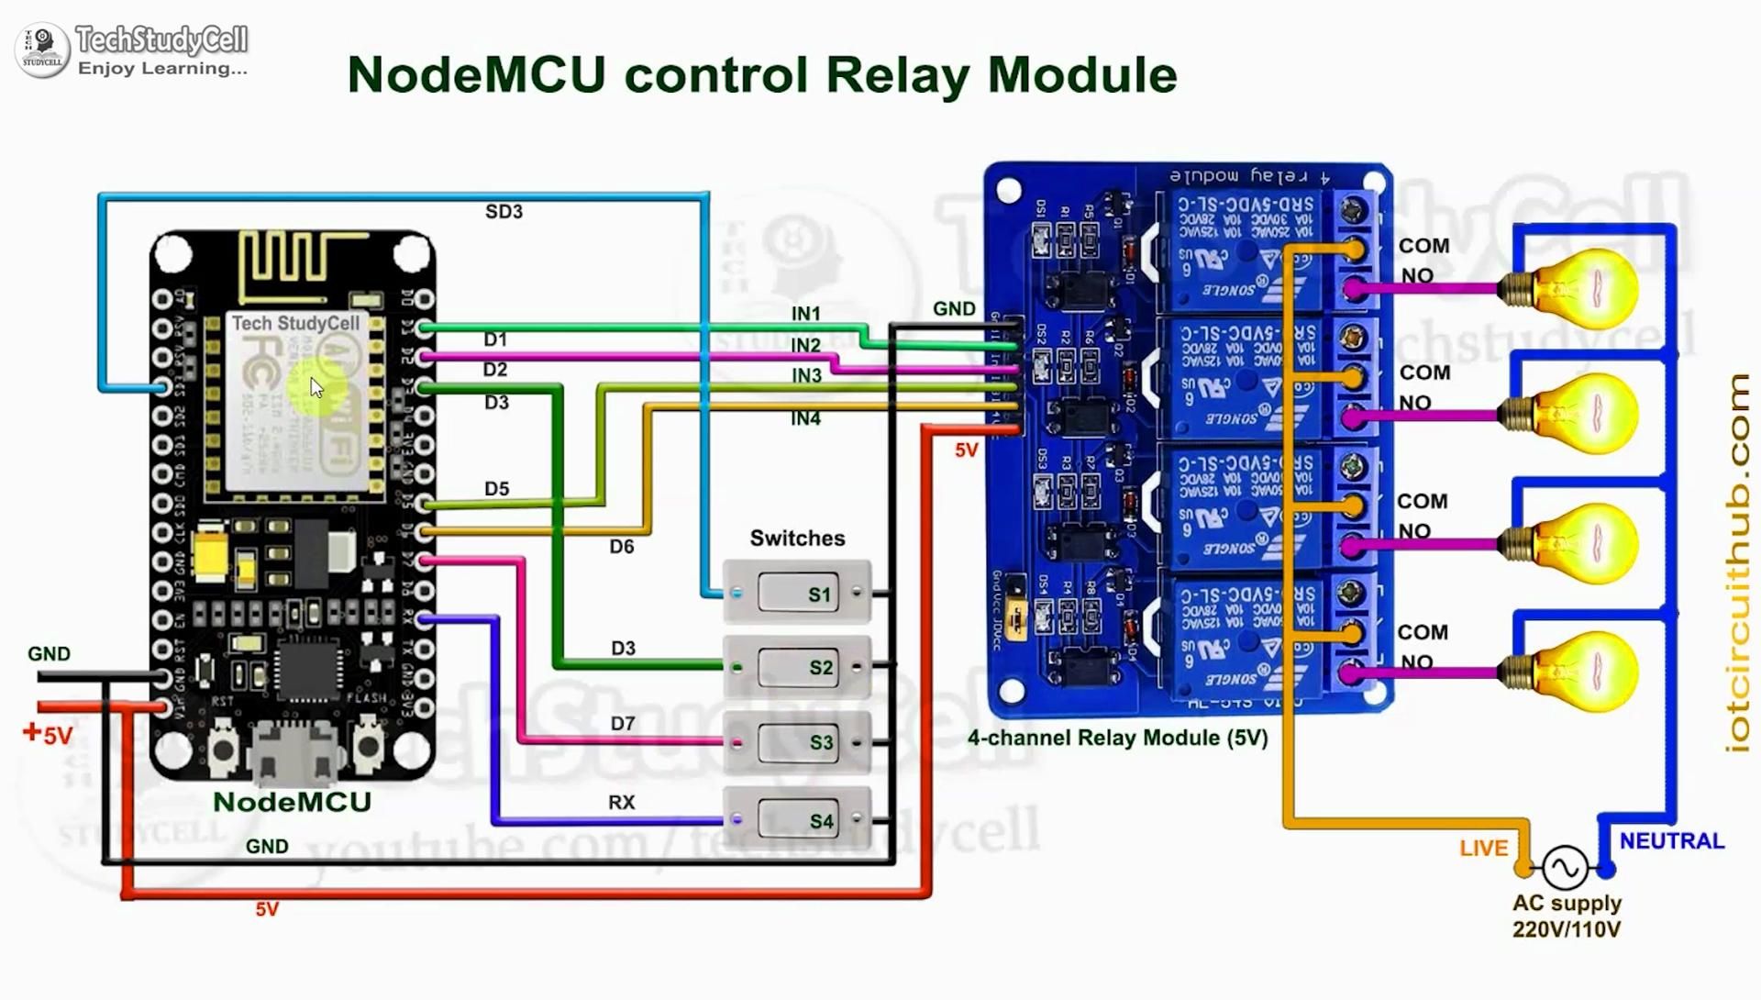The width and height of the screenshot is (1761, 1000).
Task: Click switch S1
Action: (797, 594)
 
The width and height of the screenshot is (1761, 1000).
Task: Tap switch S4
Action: (797, 819)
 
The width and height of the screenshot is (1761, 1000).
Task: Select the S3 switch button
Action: (797, 741)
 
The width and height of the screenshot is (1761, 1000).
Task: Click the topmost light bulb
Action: (1586, 289)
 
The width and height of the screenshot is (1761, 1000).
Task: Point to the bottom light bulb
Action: (1586, 672)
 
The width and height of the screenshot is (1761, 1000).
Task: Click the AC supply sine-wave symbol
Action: (1565, 867)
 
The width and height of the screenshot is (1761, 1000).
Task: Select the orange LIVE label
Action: (1483, 849)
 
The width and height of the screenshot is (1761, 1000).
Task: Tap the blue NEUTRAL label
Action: (1671, 841)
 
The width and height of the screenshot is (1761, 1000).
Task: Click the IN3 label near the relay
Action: (806, 375)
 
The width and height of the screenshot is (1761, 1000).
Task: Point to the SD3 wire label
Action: (504, 212)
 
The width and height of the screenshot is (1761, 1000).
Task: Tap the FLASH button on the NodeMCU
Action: (368, 746)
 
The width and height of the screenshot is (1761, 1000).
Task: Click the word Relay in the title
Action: (897, 75)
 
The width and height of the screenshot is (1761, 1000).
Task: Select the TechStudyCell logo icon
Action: (42, 49)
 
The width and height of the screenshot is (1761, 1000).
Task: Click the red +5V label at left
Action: (48, 734)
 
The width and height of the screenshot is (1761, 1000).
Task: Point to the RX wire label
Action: (621, 802)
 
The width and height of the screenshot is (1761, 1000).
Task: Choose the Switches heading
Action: (797, 539)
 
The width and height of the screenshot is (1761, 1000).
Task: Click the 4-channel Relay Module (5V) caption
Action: (1117, 738)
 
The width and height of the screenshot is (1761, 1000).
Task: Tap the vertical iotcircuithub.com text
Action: (1737, 564)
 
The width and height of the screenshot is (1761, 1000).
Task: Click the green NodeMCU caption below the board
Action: (292, 802)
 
